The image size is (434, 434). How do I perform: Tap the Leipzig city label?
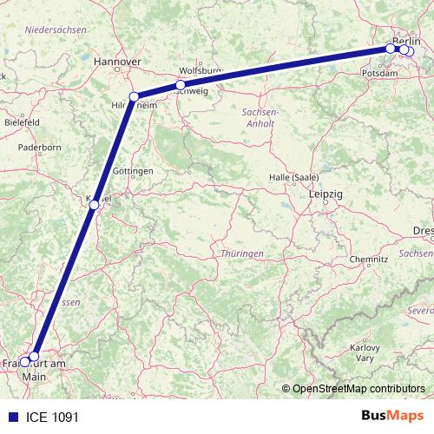325,195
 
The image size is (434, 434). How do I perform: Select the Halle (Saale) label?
291,177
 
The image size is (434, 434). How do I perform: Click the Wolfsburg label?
200,70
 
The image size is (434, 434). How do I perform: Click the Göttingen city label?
133,171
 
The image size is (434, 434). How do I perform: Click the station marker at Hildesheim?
134,97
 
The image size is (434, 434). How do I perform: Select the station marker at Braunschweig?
181,85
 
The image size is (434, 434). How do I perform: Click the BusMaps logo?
393,417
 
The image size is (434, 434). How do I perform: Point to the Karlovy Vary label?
365,352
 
